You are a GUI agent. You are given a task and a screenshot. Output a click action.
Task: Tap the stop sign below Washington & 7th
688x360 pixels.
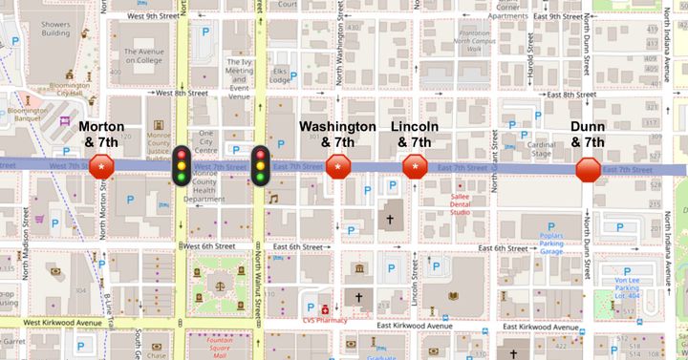[337, 168]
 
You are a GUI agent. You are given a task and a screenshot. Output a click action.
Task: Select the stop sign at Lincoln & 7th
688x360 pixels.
[415, 168]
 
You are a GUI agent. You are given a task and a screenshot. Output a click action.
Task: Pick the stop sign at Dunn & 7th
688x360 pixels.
[588, 170]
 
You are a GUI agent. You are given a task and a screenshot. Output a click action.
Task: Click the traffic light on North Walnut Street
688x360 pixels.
[261, 164]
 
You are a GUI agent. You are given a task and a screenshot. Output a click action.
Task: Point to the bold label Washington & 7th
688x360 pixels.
[337, 135]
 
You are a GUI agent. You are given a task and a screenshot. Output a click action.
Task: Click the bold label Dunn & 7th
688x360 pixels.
[588, 135]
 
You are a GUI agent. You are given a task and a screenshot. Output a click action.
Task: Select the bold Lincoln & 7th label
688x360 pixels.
[415, 135]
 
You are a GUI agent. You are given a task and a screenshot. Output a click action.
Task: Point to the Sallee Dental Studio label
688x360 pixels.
[467, 203]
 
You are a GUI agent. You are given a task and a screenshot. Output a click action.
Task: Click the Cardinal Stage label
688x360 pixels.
[542, 148]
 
